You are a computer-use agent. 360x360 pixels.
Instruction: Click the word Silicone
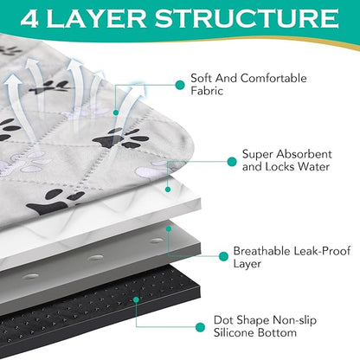coord(240,332)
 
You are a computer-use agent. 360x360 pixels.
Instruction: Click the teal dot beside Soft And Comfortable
coord(178,86)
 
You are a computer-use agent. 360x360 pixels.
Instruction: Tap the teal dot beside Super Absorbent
coord(230,162)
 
